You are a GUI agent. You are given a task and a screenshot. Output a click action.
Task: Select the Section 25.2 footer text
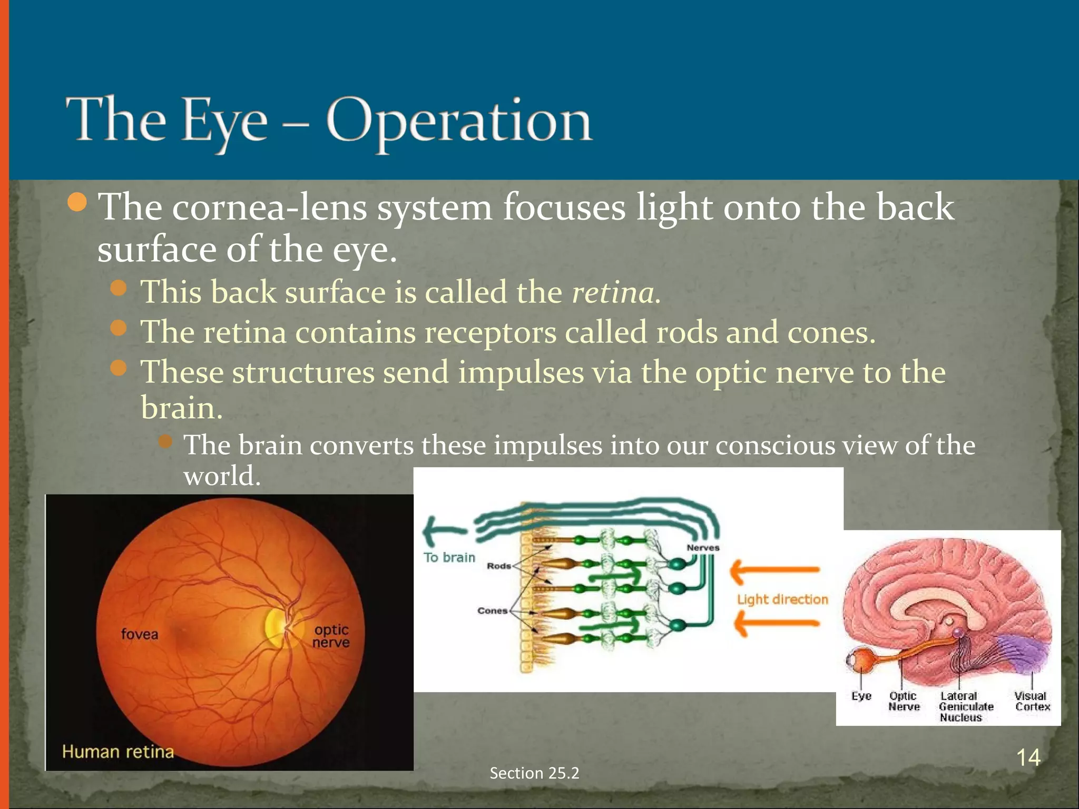pos(534,773)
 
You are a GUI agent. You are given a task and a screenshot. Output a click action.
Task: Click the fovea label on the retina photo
pos(139,634)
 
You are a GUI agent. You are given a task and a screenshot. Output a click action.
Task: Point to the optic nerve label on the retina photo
pos(331,636)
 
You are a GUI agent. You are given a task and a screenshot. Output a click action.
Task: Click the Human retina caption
pos(118,752)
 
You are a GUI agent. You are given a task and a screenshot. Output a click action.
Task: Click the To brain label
pos(449,557)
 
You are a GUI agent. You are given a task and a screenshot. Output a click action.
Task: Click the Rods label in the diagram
pos(498,566)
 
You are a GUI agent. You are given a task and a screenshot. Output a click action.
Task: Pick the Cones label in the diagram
pos(492,611)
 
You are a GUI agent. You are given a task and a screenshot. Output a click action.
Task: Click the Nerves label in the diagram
pos(703,548)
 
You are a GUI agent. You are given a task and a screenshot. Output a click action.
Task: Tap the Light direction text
pos(782,599)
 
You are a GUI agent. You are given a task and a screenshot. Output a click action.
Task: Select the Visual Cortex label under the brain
pos(1032,702)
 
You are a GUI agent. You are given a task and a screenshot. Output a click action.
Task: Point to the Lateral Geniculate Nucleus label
pos(965,707)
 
